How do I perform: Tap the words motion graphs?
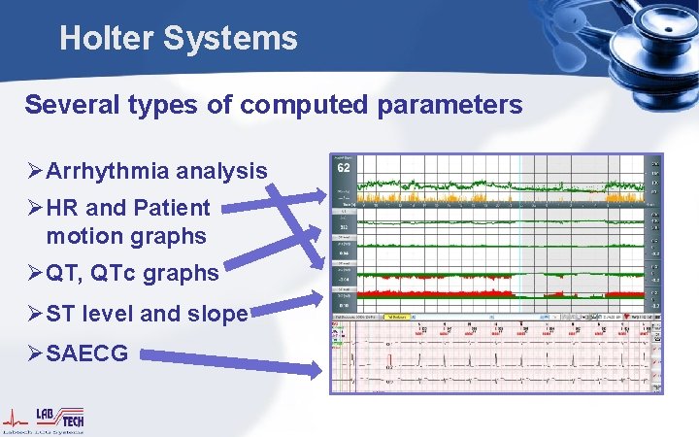pos(125,236)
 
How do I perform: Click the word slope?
pos(219,314)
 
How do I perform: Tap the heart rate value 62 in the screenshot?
pos(344,167)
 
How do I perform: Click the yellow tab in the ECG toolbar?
pos(398,317)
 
